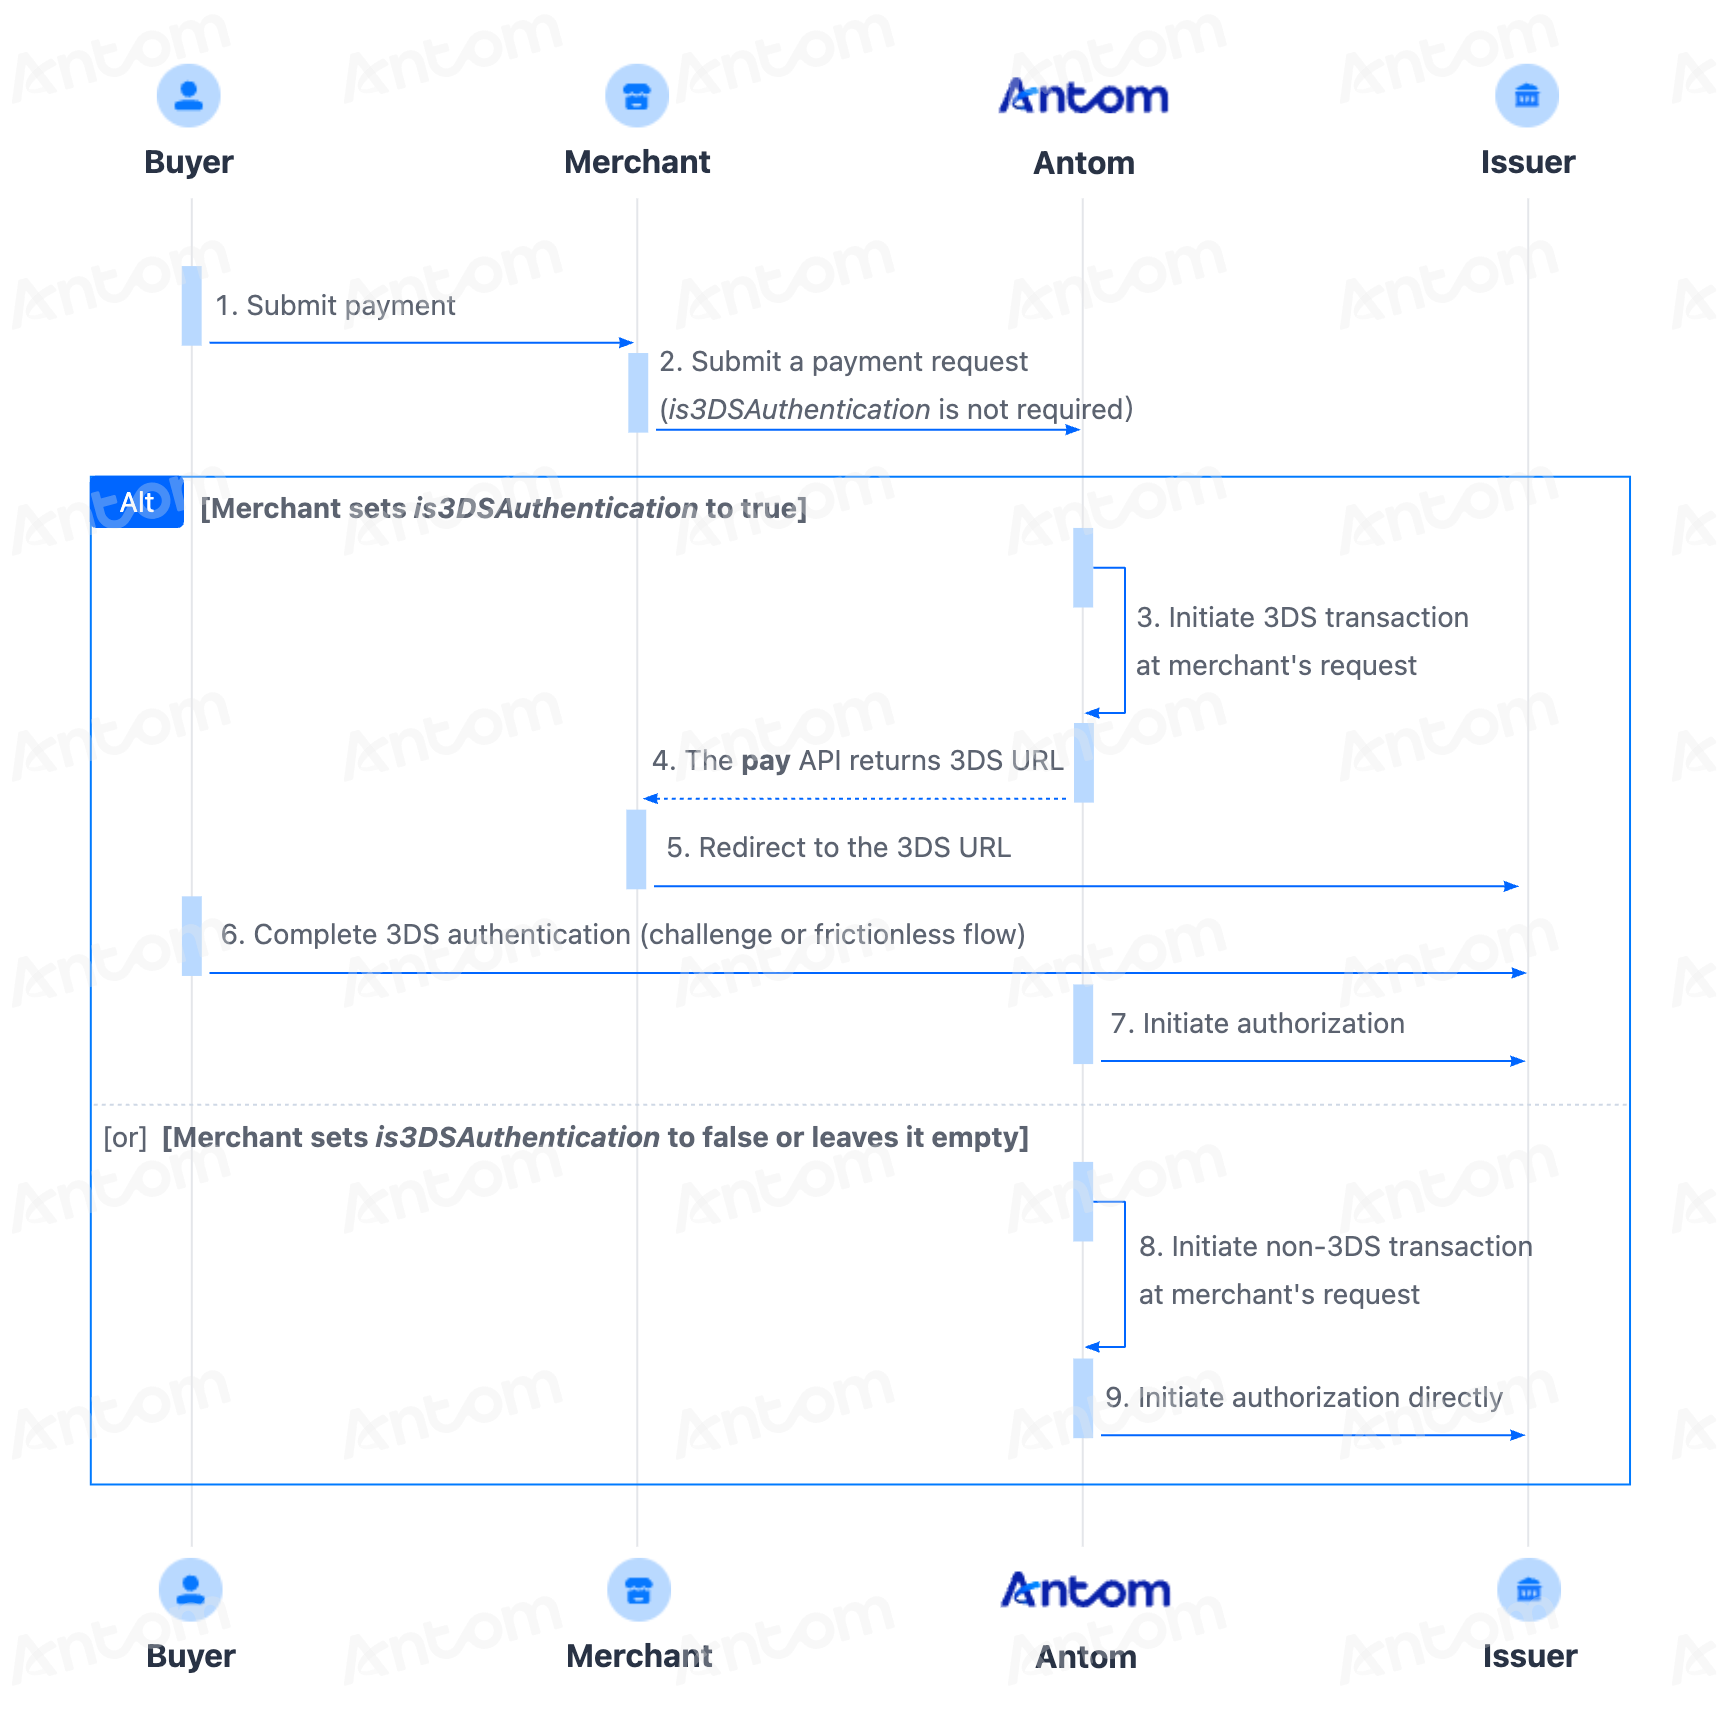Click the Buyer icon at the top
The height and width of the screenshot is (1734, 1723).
click(x=189, y=96)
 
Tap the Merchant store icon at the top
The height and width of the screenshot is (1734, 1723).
click(x=637, y=96)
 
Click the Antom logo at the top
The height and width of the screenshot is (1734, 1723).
click(x=1084, y=96)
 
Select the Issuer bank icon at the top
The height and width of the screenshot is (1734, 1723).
click(x=1527, y=96)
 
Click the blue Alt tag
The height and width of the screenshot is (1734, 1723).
click(x=137, y=502)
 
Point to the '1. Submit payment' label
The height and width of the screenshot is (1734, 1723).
click(x=335, y=305)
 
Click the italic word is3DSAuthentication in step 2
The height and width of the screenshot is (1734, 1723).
click(x=799, y=409)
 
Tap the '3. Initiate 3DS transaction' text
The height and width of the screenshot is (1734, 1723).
click(x=1302, y=617)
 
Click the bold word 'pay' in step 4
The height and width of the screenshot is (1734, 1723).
click(x=766, y=761)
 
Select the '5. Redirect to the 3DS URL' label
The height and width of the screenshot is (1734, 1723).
click(x=839, y=847)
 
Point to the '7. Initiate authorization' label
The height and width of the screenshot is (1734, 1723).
click(x=1258, y=1023)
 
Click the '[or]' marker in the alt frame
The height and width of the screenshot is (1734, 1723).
click(x=125, y=1137)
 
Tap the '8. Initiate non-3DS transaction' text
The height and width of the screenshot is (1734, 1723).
click(x=1336, y=1246)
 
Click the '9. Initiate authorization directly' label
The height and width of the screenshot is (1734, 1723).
click(x=1304, y=1397)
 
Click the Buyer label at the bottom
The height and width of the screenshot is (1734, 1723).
click(x=191, y=1656)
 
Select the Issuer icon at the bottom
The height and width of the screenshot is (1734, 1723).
click(x=1529, y=1590)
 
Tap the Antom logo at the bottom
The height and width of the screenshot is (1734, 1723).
click(x=1086, y=1590)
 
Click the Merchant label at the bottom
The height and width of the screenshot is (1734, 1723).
click(x=639, y=1656)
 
